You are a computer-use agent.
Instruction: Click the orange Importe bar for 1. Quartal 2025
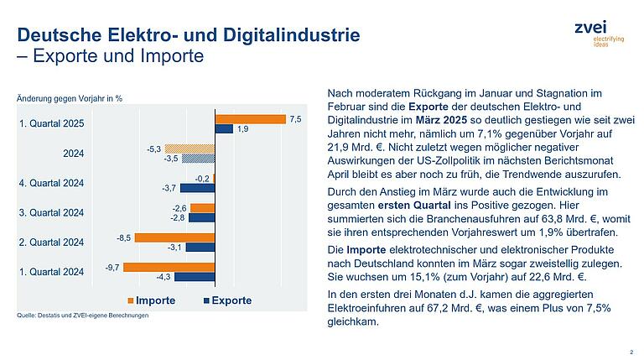point(250,119)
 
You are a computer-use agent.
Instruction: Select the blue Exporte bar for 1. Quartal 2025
point(224,129)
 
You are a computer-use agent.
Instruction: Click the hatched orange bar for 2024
point(190,149)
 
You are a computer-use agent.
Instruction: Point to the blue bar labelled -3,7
point(198,187)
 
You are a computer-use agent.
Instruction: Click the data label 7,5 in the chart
point(295,119)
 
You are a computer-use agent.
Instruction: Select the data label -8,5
point(124,237)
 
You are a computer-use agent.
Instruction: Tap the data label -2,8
point(177,217)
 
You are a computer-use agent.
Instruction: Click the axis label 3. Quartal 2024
point(51,212)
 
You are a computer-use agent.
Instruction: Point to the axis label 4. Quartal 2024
point(51,183)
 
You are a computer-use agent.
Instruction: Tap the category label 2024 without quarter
point(74,154)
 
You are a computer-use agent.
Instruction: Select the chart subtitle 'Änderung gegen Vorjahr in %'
point(70,98)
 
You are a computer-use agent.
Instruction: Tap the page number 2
point(630,352)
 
